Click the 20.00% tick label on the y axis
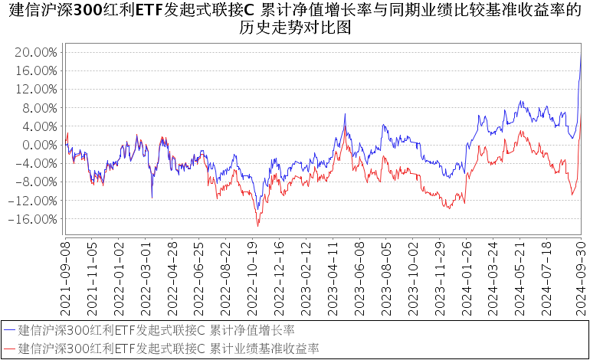pos(36,52)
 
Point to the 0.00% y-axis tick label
pos(38,145)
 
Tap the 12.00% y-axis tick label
pos(36,89)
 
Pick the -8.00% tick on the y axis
pos(36,182)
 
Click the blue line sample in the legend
pos(10,330)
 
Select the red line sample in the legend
pos(10,349)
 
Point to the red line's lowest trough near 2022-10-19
pos(258,226)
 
